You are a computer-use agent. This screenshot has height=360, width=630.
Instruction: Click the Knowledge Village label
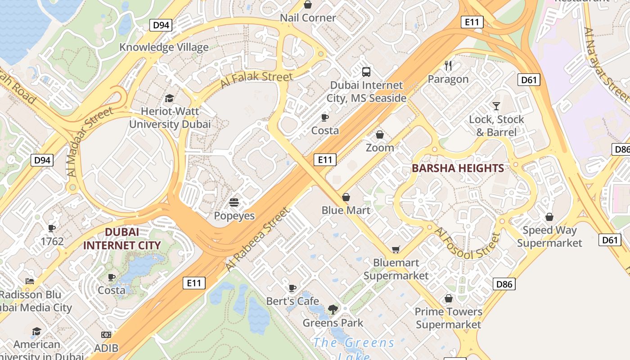click(x=164, y=47)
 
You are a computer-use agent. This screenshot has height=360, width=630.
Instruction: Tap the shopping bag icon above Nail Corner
click(x=308, y=5)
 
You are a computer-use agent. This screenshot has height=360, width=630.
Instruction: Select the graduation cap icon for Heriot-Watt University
click(x=170, y=98)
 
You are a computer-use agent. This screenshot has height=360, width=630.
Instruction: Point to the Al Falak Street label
click(x=256, y=80)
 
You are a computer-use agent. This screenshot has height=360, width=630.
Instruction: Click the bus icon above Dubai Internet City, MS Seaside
click(x=366, y=72)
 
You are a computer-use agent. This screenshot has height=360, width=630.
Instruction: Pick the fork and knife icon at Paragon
click(x=448, y=66)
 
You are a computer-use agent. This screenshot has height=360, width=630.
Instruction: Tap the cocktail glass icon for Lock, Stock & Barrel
click(x=496, y=106)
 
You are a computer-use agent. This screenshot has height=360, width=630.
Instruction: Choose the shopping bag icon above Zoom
click(x=380, y=135)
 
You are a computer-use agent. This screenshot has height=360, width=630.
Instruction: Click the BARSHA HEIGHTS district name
click(x=458, y=168)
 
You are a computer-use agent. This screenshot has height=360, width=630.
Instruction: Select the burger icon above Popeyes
click(x=234, y=202)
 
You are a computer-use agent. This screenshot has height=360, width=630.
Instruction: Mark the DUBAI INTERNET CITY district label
click(x=122, y=238)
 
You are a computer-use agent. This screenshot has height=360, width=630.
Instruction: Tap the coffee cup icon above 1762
click(x=52, y=228)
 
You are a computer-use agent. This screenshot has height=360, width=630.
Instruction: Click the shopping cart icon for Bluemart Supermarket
click(x=396, y=249)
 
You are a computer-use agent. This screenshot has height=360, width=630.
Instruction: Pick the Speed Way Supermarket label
click(x=549, y=237)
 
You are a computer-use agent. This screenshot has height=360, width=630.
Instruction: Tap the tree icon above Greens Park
click(x=333, y=309)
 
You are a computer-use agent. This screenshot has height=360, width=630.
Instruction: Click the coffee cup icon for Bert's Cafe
click(x=292, y=288)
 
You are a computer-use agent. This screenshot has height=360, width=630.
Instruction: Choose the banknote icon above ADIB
click(x=106, y=335)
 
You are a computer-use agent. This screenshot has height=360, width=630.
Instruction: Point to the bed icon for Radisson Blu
click(x=30, y=281)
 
